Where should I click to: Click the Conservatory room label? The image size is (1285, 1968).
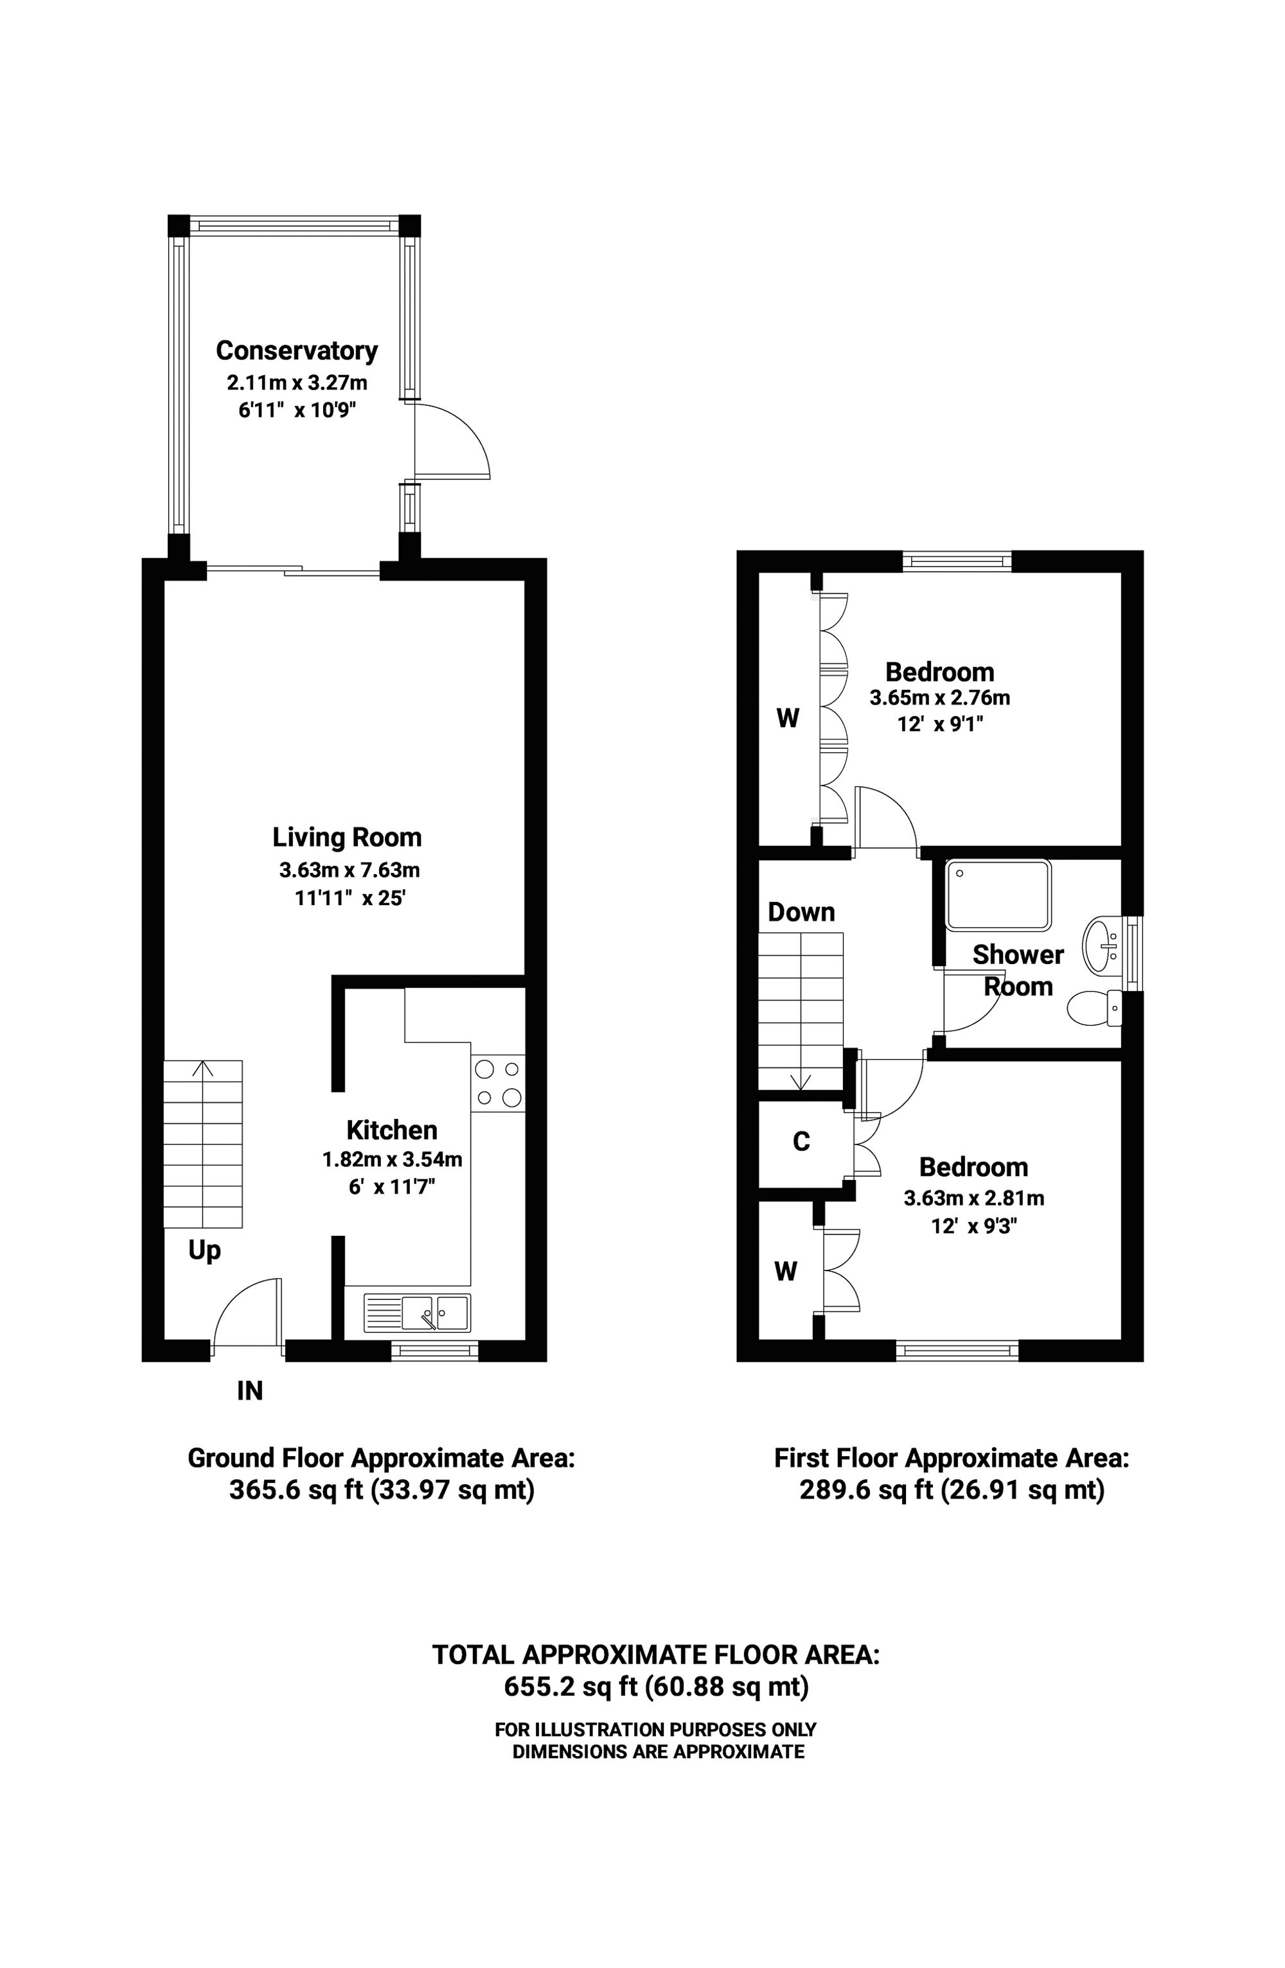coord(296,351)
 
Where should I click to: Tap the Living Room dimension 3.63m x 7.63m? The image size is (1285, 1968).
coord(349,870)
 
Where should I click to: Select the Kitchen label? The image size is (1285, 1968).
coord(391,1130)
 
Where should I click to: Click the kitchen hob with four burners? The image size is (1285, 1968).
coord(498,1083)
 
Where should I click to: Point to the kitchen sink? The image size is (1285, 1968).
coord(417,1313)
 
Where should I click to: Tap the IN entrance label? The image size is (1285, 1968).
coord(250,1391)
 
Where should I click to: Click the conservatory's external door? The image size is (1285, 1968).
coord(452,441)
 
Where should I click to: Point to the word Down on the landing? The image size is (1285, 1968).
coord(801,911)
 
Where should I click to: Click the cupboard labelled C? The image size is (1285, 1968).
coord(801,1142)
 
